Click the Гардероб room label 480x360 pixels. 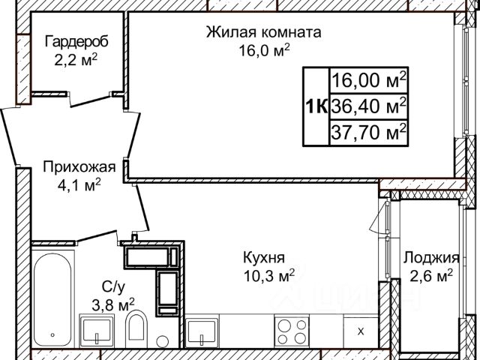(76, 42)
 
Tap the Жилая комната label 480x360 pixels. (263, 32)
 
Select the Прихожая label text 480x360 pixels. (79, 167)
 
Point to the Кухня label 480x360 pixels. (264, 258)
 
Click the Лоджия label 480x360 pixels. (431, 258)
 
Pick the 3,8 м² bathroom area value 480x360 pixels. (113, 304)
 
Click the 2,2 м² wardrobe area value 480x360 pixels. (76, 60)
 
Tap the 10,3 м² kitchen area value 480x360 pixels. (269, 276)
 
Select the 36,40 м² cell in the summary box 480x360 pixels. (368, 106)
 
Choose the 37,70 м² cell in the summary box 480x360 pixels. (368, 132)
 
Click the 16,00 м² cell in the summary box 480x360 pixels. (368, 80)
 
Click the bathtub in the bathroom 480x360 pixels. (52, 298)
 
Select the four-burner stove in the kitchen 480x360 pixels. (292, 331)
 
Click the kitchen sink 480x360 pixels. (202, 331)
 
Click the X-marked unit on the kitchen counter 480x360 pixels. (361, 331)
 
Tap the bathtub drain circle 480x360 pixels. (52, 335)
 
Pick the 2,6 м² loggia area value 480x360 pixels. (431, 276)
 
